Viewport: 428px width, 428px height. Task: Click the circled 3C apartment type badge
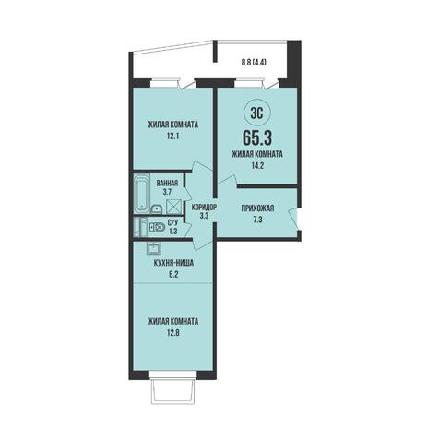click(257, 114)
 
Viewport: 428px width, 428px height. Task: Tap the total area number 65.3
click(257, 137)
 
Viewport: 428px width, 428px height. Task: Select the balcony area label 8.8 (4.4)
click(254, 63)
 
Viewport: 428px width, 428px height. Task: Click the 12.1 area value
click(172, 136)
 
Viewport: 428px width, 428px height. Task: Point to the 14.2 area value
click(257, 165)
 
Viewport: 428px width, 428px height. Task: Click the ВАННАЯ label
click(167, 184)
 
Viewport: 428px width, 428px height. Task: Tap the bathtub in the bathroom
click(142, 194)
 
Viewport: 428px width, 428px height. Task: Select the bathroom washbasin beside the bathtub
click(157, 209)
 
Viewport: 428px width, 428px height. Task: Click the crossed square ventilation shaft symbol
click(172, 207)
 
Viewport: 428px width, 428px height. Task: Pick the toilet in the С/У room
click(157, 227)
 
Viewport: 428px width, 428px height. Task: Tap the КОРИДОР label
click(204, 208)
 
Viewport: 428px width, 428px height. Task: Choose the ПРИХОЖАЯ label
click(257, 208)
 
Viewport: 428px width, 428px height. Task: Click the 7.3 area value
click(257, 220)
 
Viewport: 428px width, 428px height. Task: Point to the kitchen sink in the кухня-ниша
click(153, 247)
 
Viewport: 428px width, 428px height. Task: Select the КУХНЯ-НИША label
click(173, 263)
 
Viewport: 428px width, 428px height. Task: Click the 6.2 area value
click(173, 274)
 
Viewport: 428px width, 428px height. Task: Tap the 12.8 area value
click(172, 332)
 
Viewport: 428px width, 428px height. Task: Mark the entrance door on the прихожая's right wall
click(294, 219)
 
